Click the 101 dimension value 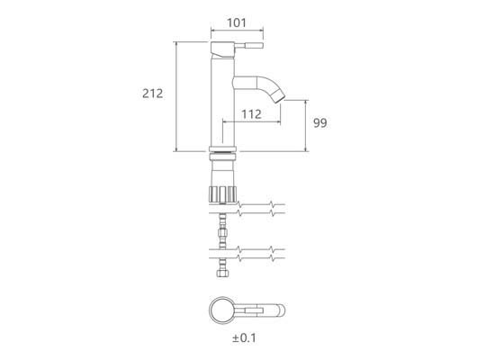pos(237,22)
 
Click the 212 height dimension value pos(153,94)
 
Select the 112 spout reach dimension pos(252,114)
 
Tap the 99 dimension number pos(320,123)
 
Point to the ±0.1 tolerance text pos(244,338)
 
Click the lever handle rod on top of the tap pos(248,46)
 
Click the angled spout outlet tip pos(280,98)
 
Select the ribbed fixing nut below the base pos(222,194)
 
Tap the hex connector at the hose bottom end pos(222,273)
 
